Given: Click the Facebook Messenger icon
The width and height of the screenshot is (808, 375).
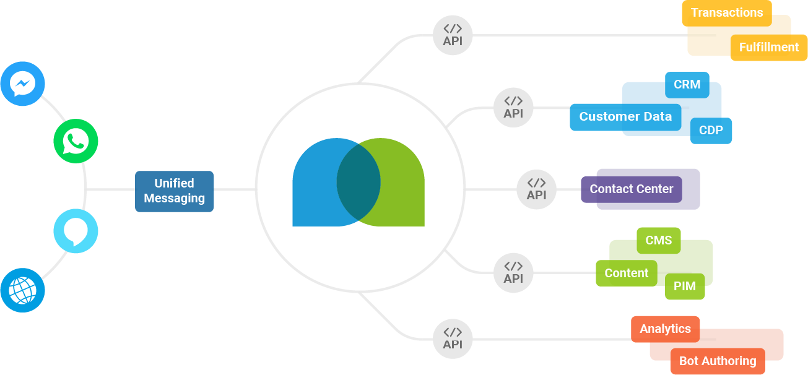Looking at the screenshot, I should (x=23, y=84).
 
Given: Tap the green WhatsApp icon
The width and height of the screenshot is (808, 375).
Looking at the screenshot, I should (x=76, y=141).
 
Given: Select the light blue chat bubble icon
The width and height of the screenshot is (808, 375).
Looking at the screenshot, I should (x=76, y=231).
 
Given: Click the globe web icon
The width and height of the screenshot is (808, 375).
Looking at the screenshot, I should (x=23, y=290).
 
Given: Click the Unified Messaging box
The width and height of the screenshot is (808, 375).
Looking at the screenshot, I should (x=175, y=191).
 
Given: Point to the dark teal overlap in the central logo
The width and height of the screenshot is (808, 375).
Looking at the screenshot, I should (x=358, y=182).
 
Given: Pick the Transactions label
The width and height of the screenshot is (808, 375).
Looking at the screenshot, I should (x=727, y=13).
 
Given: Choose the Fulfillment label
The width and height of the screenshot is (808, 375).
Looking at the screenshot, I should (x=769, y=48).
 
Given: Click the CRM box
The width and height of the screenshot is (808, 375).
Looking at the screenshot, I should (x=687, y=85).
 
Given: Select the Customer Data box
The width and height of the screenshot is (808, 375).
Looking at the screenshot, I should (x=625, y=117).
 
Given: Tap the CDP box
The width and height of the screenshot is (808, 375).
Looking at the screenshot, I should (x=711, y=131).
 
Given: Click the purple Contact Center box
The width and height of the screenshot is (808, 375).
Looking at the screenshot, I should (x=631, y=189).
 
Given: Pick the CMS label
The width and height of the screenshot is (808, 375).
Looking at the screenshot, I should (x=658, y=241).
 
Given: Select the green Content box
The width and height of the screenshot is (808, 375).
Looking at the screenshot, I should (x=626, y=274).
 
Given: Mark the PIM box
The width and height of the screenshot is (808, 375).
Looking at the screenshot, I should (x=685, y=287).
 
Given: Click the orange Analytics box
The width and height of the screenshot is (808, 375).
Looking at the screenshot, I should (x=665, y=329).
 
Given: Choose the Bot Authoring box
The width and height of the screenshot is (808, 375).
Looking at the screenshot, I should (x=718, y=361).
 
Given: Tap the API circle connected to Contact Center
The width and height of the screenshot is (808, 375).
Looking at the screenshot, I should (x=536, y=189).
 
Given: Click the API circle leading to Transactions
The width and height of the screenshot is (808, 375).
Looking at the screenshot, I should (x=453, y=35).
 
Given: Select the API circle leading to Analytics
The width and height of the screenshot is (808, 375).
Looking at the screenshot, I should (x=453, y=338).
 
